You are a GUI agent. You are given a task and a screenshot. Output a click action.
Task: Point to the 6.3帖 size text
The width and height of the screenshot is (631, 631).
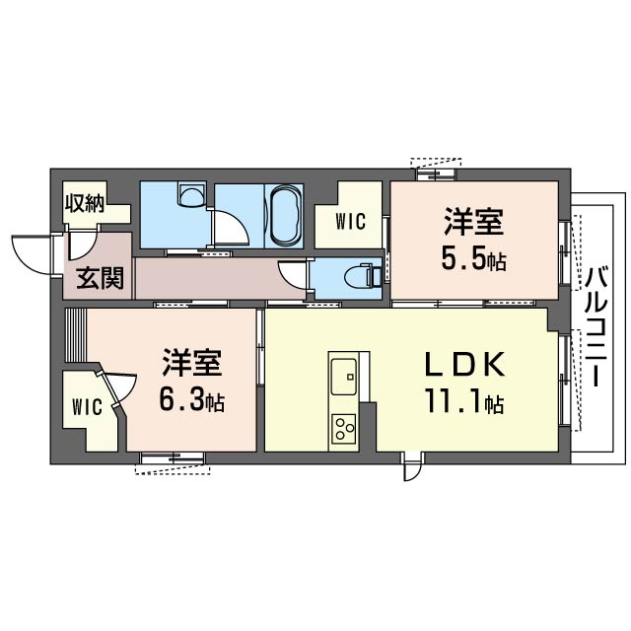tap(191, 401)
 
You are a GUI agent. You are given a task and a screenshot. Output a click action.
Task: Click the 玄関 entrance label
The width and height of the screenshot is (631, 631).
tap(100, 278)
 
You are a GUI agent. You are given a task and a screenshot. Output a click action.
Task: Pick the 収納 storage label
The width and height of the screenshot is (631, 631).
tap(86, 204)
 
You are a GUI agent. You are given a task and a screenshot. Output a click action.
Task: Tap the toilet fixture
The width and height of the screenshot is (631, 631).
tap(366, 275)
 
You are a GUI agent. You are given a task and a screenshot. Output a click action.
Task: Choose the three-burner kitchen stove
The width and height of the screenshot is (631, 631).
tap(344, 428)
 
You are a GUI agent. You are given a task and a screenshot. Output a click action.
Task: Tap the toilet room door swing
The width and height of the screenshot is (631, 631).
tap(294, 274)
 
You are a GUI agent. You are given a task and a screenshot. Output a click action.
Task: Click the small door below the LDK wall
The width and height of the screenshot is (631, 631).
tap(411, 468)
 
